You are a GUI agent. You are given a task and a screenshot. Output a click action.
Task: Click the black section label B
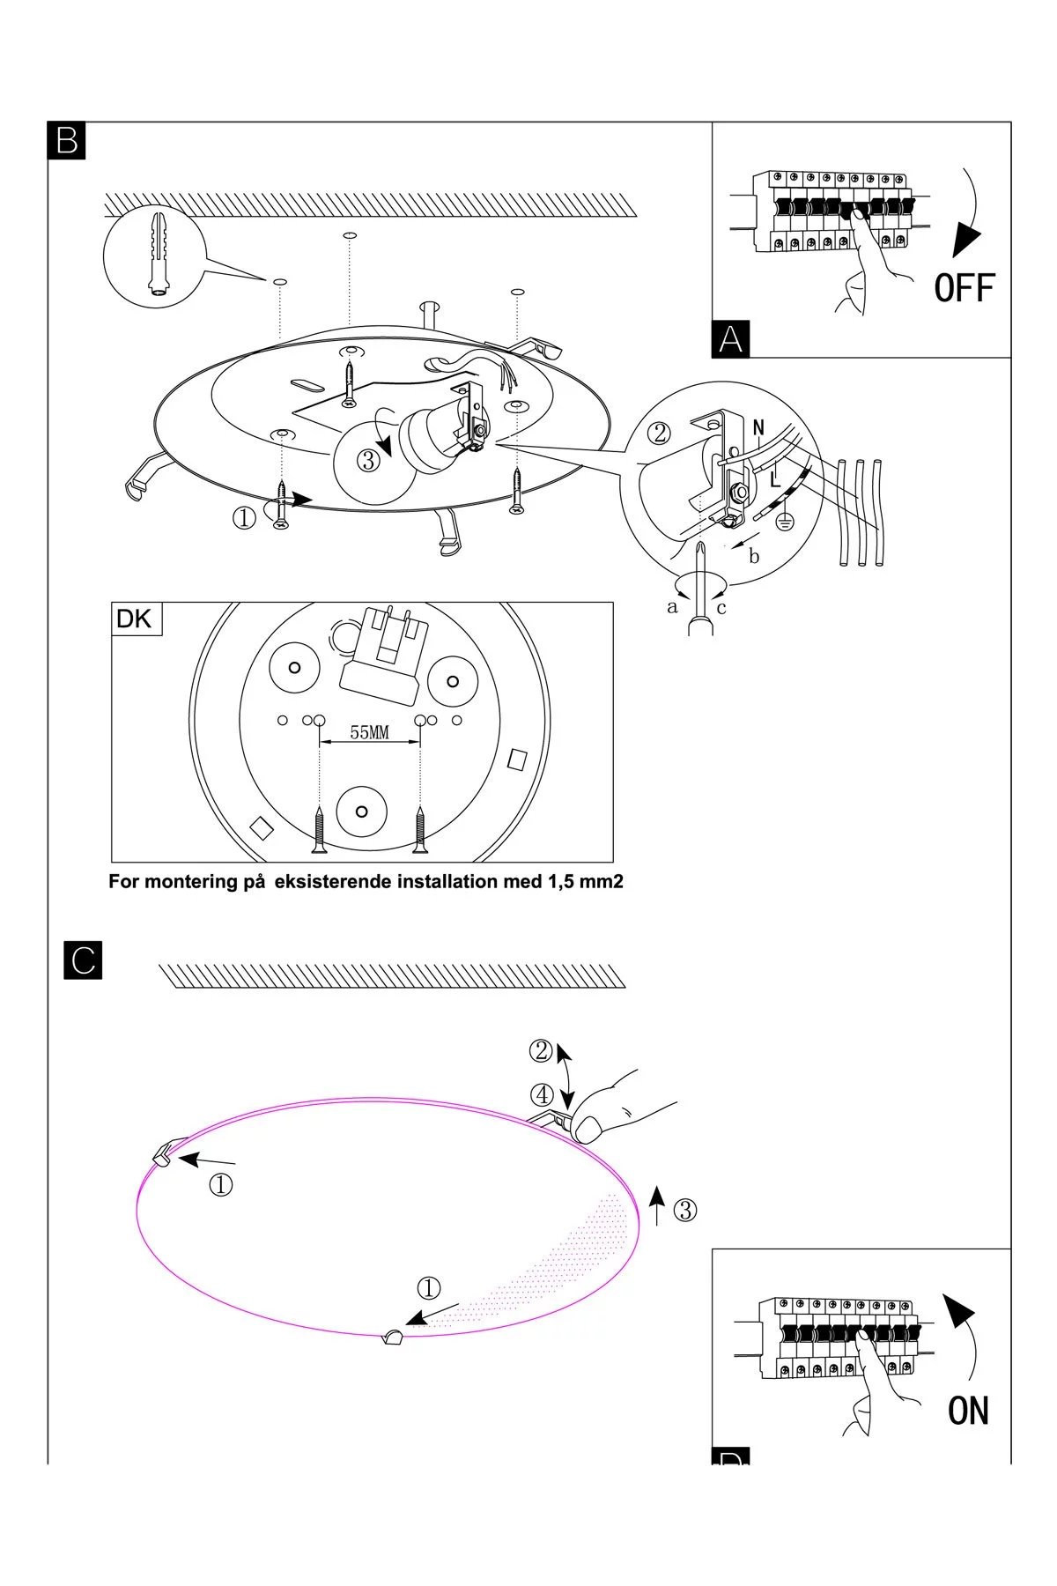(66, 141)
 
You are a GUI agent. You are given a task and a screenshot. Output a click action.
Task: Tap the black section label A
(730, 339)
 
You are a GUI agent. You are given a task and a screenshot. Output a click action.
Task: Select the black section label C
(84, 960)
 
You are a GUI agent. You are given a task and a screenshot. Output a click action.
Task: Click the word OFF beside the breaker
(964, 289)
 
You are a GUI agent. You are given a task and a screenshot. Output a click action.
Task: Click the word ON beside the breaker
(968, 1411)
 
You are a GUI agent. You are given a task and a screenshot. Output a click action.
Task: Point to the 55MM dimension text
(369, 732)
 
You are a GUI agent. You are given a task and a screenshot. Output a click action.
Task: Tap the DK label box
(134, 619)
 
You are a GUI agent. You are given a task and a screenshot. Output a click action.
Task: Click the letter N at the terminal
(759, 428)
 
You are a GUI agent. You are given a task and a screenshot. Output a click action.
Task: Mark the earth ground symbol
(786, 523)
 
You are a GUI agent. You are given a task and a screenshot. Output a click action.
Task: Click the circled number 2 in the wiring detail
(660, 433)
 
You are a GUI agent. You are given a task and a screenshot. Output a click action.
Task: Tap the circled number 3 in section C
(684, 1210)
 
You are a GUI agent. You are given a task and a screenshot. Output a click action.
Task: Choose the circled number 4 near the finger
(542, 1095)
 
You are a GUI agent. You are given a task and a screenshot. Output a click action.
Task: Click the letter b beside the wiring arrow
(754, 556)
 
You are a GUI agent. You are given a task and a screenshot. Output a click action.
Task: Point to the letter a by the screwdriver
(673, 607)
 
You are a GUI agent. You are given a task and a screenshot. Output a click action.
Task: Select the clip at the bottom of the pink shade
(392, 1338)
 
